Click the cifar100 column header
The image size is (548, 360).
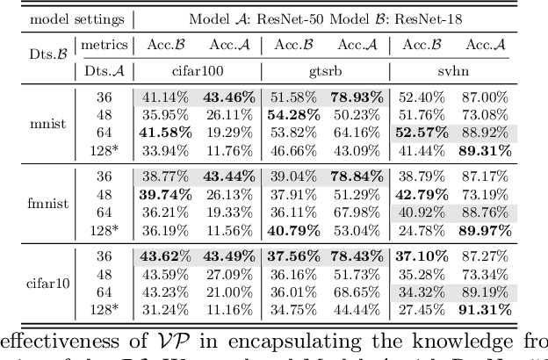tap(196, 70)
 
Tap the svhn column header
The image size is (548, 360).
tap(453, 70)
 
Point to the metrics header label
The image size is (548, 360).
tap(104, 45)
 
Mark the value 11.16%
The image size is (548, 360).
tap(227, 311)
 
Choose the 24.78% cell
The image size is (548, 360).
tap(422, 231)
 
